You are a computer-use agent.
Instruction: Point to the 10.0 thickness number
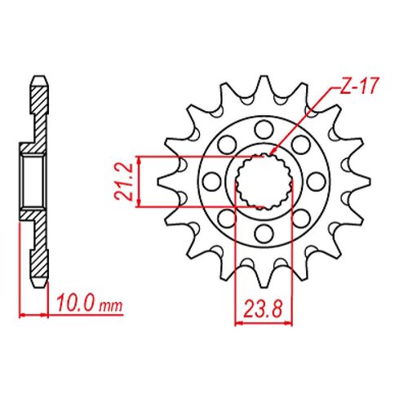point(74,306)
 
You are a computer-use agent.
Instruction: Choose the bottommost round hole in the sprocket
point(263,235)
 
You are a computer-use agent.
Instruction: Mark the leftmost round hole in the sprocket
point(210,181)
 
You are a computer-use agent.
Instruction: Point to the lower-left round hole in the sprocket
point(225,220)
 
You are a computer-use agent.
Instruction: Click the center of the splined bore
point(263,181)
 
